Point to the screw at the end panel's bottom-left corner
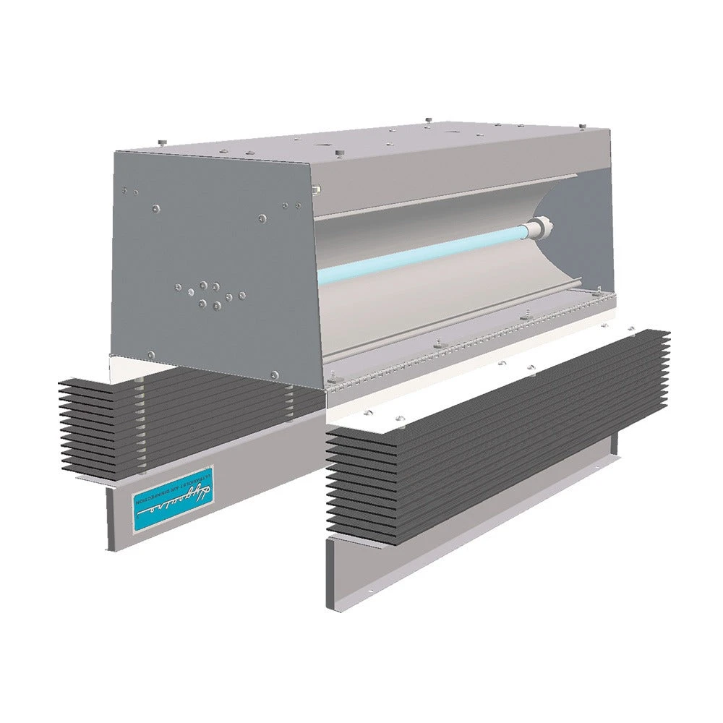[x=150, y=354]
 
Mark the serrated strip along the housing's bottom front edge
[x=463, y=347]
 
